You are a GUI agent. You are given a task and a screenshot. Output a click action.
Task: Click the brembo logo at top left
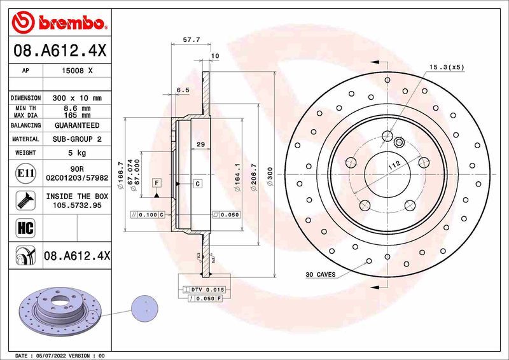pyautogui.click(x=59, y=23)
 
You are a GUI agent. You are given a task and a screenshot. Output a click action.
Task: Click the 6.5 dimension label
pyautogui.click(x=183, y=90)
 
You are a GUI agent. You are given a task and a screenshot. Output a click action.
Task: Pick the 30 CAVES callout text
pyautogui.click(x=320, y=275)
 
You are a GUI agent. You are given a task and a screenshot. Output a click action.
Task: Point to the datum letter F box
pyautogui.click(x=156, y=183)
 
